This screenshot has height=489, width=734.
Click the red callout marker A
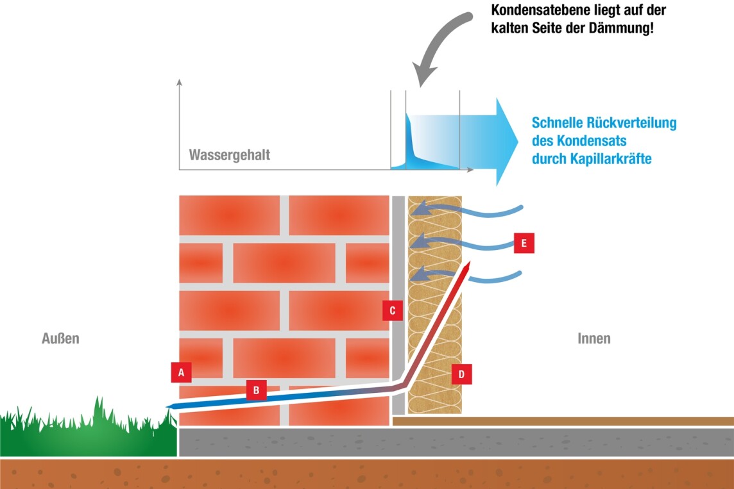[181, 372]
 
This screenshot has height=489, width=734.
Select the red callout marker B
[256, 390]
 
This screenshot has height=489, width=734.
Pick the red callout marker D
[461, 374]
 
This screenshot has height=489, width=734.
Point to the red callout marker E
[524, 244]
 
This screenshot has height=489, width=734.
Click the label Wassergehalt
[229, 155]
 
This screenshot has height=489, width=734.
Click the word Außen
[60, 338]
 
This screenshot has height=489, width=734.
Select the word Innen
[593, 338]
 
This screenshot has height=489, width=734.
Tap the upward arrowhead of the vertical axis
[180, 82]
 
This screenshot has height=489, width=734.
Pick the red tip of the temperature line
[470, 264]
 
